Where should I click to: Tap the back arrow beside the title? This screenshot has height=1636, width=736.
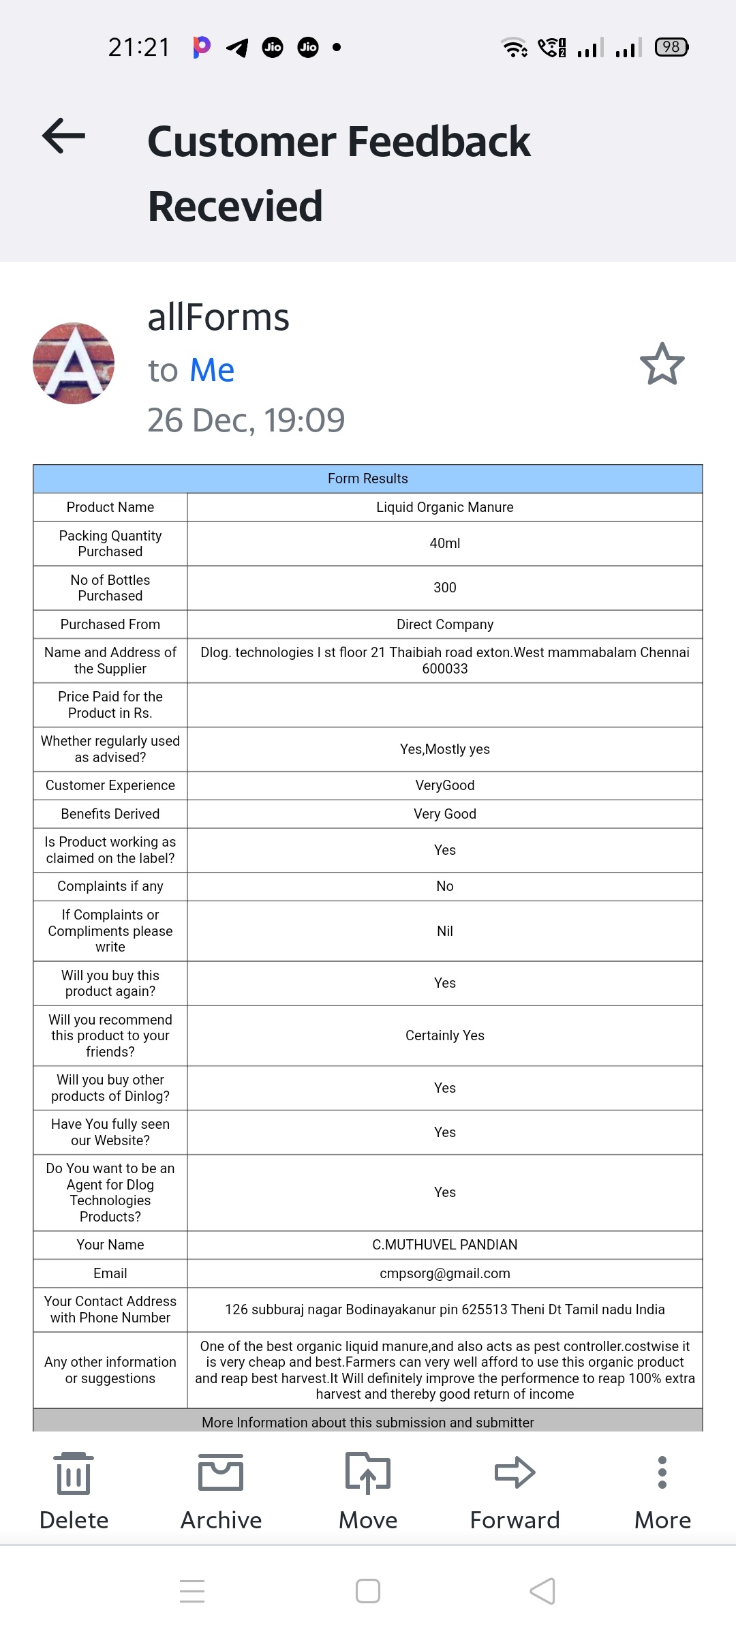pyautogui.click(x=64, y=136)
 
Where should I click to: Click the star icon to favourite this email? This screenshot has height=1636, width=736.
pyautogui.click(x=662, y=364)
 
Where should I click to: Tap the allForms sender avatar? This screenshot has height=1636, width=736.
pyautogui.click(x=74, y=363)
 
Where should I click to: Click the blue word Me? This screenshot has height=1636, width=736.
pyautogui.click(x=212, y=370)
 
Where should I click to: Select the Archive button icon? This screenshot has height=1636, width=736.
pyautogui.click(x=221, y=1472)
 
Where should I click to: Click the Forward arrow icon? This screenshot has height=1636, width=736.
pyautogui.click(x=515, y=1472)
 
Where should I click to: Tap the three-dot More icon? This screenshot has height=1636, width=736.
pyautogui.click(x=662, y=1472)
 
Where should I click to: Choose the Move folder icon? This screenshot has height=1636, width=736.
pyautogui.click(x=368, y=1472)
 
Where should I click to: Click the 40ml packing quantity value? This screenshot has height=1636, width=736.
pyautogui.click(x=445, y=543)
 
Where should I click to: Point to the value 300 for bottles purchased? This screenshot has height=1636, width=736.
pyautogui.click(x=445, y=588)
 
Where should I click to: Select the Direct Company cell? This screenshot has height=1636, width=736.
pyautogui.click(x=445, y=624)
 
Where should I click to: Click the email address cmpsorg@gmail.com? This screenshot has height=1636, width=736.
pyautogui.click(x=445, y=1273)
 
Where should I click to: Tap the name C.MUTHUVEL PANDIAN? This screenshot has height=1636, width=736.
pyautogui.click(x=445, y=1245)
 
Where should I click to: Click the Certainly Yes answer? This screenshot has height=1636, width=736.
pyautogui.click(x=445, y=1035)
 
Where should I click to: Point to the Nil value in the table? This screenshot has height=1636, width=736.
pyautogui.click(x=445, y=931)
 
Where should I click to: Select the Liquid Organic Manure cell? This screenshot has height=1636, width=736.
pyautogui.click(x=445, y=507)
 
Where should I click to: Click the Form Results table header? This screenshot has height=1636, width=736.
pyautogui.click(x=368, y=479)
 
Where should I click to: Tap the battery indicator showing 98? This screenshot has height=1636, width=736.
pyautogui.click(x=671, y=47)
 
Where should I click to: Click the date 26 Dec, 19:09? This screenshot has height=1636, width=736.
pyautogui.click(x=246, y=420)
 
